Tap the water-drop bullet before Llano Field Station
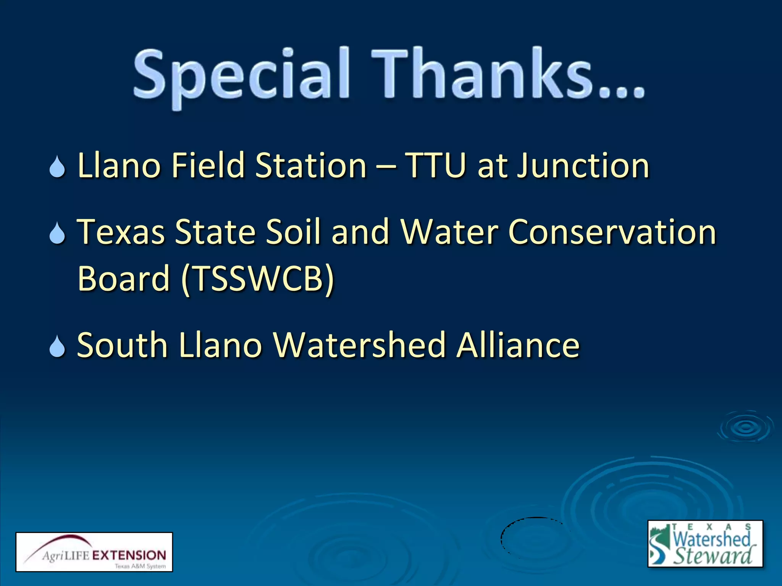coord(57,167)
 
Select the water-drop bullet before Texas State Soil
coord(57,233)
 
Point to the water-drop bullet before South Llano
coord(57,346)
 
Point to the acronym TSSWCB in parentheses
coord(258,278)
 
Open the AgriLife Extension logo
coord(94,552)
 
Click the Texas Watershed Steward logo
coord(705,543)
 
